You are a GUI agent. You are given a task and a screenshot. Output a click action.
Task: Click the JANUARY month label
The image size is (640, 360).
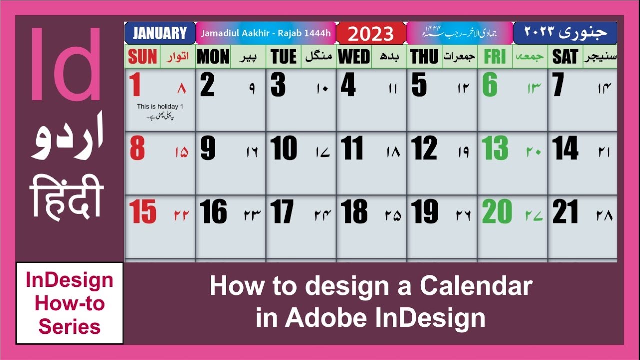click(160, 33)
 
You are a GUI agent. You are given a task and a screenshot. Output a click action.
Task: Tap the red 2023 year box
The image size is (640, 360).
click(371, 34)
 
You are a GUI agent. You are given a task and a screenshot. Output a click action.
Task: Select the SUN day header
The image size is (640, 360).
click(142, 57)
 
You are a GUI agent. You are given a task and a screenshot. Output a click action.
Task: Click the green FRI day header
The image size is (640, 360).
click(495, 57)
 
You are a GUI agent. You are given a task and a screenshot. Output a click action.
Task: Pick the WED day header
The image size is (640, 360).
click(354, 57)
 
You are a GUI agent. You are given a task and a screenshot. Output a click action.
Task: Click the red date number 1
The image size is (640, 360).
click(134, 85)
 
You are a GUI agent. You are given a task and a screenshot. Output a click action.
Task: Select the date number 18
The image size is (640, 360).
click(354, 212)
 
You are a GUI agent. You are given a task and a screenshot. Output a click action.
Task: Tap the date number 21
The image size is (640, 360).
click(565, 212)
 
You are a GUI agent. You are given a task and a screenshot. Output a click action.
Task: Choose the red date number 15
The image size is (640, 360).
click(143, 212)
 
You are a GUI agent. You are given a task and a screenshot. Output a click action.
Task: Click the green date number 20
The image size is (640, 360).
click(497, 212)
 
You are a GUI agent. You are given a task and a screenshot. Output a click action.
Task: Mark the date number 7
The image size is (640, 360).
click(558, 85)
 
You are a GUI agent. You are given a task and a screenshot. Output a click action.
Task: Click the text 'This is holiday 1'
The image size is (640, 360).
click(160, 107)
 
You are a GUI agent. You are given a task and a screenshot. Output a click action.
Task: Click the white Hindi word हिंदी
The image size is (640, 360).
click(66, 197)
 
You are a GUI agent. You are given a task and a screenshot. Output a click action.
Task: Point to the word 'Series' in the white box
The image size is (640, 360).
click(69, 327)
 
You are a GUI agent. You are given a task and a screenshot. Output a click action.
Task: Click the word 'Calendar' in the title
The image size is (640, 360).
click(476, 286)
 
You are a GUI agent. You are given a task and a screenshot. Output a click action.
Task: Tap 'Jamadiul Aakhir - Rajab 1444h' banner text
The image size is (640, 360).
click(266, 34)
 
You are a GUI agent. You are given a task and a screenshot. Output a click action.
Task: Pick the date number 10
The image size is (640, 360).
click(283, 148)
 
